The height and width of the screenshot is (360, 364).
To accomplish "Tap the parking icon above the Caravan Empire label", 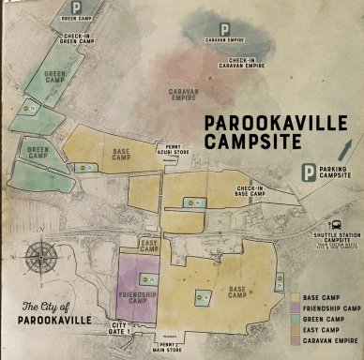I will [x=223, y=30].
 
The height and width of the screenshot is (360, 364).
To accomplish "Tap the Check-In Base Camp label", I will [x=250, y=191].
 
